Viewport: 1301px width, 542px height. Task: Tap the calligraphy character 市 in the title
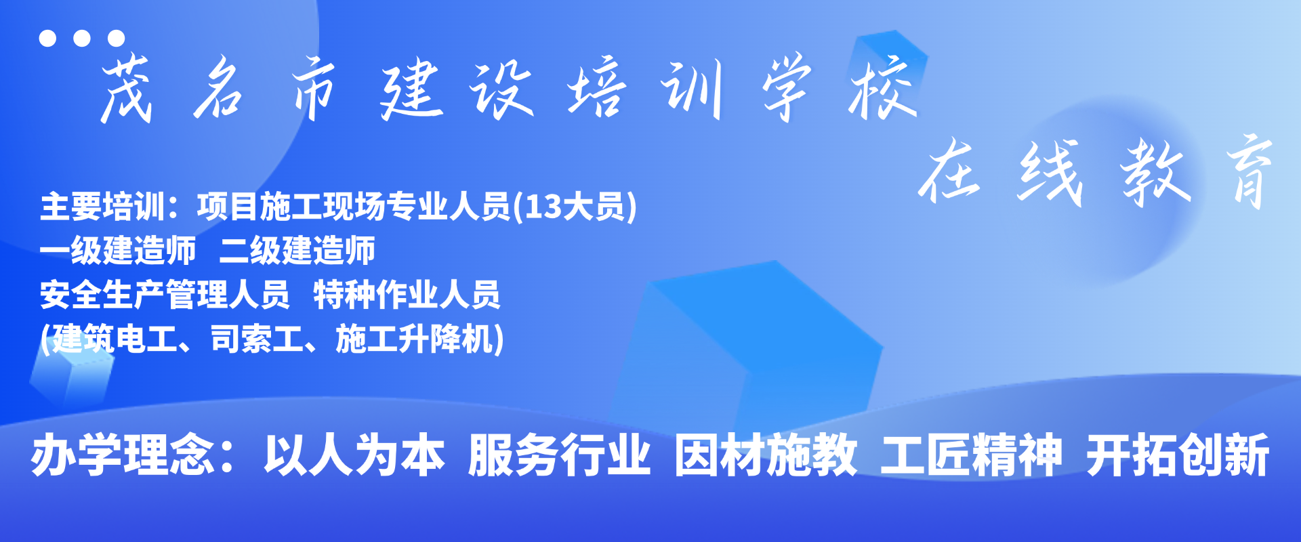pos(313,89)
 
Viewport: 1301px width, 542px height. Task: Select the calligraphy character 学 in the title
pos(786,88)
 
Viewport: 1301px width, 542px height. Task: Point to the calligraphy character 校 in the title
pos(884,88)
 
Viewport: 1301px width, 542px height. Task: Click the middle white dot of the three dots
pos(82,38)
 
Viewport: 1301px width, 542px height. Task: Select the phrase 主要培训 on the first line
pos(103,207)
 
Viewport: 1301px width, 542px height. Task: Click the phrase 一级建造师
pos(118,251)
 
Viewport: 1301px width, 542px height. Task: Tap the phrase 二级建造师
pos(297,251)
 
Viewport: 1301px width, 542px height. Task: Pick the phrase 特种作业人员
pos(407,295)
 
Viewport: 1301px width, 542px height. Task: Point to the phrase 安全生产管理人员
pos(165,295)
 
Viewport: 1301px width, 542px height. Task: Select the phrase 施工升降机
pos(413,339)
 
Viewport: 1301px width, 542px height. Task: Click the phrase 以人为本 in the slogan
pos(354,455)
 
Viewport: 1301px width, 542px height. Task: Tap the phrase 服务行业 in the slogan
pos(560,455)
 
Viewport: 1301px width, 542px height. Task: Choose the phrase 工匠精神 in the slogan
pos(971,455)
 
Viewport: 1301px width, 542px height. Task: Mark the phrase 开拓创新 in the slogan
pos(1178,455)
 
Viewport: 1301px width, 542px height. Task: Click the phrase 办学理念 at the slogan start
pos(123,455)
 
